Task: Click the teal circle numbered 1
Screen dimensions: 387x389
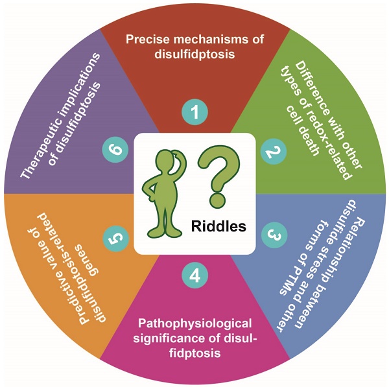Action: click(x=194, y=113)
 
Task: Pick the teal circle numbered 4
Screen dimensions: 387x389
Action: click(x=194, y=275)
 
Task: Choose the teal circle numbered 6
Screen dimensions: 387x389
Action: click(x=114, y=151)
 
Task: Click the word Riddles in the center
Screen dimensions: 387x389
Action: click(x=218, y=226)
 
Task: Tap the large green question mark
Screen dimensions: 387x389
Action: click(x=217, y=172)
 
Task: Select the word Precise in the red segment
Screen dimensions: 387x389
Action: click(x=148, y=40)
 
